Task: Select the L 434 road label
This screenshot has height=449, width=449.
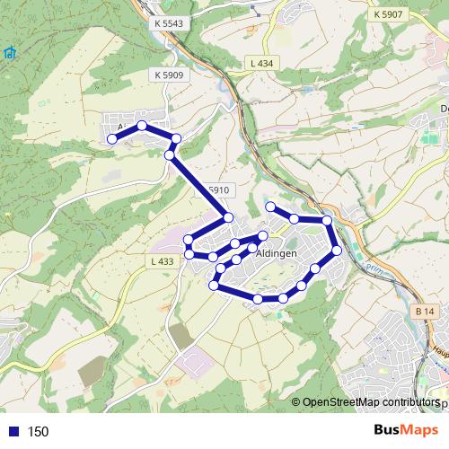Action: pos(260,61)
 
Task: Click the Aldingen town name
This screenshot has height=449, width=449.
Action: pos(277,255)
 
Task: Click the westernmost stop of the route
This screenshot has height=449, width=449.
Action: pos(112,139)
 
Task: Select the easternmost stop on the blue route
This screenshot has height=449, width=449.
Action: pos(338,251)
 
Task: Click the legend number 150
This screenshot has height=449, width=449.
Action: pos(38,432)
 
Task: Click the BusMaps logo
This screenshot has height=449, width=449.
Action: pos(406,430)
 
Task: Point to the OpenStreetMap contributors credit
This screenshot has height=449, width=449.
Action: pos(371,402)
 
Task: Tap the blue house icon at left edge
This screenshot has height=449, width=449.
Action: pos(8,53)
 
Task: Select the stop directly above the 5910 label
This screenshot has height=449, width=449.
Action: pos(170,155)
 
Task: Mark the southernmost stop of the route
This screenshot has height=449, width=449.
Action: pos(259,299)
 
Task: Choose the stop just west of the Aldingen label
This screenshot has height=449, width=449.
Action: pos(237,260)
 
